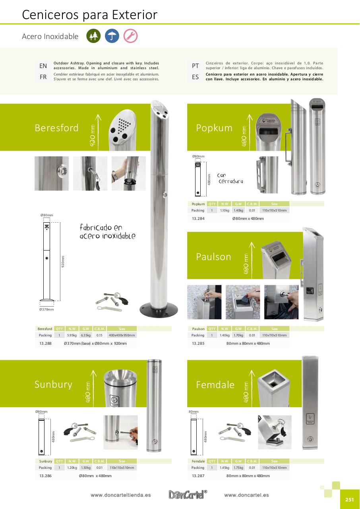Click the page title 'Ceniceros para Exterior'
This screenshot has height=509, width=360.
coord(90,15)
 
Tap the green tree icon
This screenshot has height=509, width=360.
coord(93,36)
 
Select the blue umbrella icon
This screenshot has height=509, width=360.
coord(112,36)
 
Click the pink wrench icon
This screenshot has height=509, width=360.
coord(130,36)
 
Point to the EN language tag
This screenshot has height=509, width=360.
coord(43,66)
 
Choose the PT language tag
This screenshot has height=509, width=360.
coord(195,66)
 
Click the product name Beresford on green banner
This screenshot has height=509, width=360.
coord(56,128)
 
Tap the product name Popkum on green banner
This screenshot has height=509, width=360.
coord(214,128)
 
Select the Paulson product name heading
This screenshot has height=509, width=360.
coord(213,257)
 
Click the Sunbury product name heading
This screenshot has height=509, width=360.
coord(53,385)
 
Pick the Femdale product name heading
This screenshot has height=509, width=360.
coord(215,385)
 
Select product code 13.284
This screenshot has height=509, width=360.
coord(198,218)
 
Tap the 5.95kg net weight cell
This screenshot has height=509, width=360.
coord(72,335)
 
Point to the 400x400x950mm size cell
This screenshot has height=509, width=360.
coord(122,335)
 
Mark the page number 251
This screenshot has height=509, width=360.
coord(349,500)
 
